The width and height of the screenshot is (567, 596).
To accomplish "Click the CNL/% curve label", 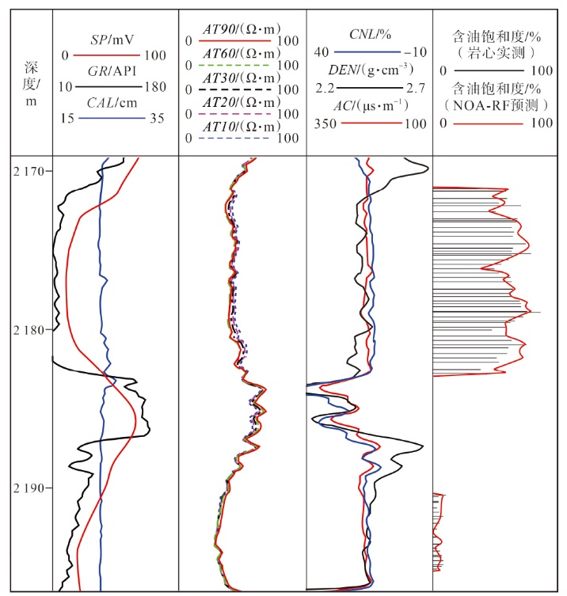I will (368, 35).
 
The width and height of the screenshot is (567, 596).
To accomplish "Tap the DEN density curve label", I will (369, 70).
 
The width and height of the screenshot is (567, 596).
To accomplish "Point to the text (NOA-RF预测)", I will (497, 104).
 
